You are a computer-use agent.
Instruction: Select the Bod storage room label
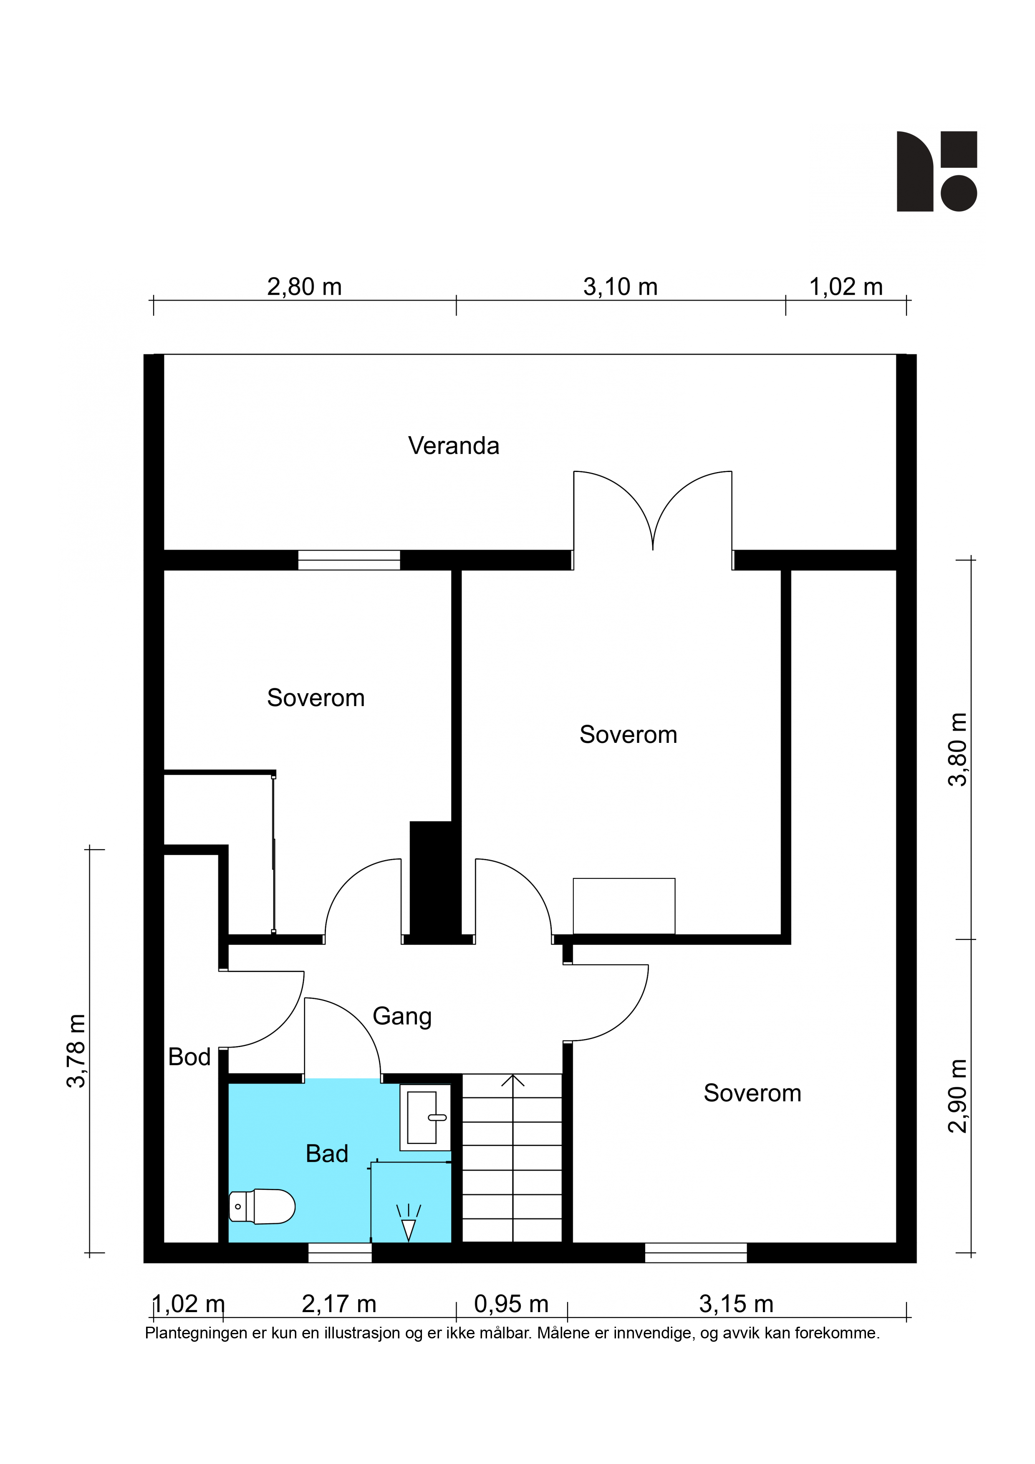click(x=189, y=1057)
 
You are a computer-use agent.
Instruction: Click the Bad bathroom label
click(x=327, y=1154)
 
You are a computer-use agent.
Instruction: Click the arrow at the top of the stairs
click(x=513, y=1080)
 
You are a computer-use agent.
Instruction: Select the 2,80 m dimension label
click(x=304, y=288)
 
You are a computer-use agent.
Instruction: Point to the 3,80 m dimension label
click(x=958, y=749)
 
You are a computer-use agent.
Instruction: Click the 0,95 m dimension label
click(x=511, y=1304)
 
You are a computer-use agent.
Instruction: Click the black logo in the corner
click(x=937, y=172)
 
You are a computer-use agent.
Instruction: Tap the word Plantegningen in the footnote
click(x=197, y=1333)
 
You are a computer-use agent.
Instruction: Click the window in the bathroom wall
click(x=340, y=1253)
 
